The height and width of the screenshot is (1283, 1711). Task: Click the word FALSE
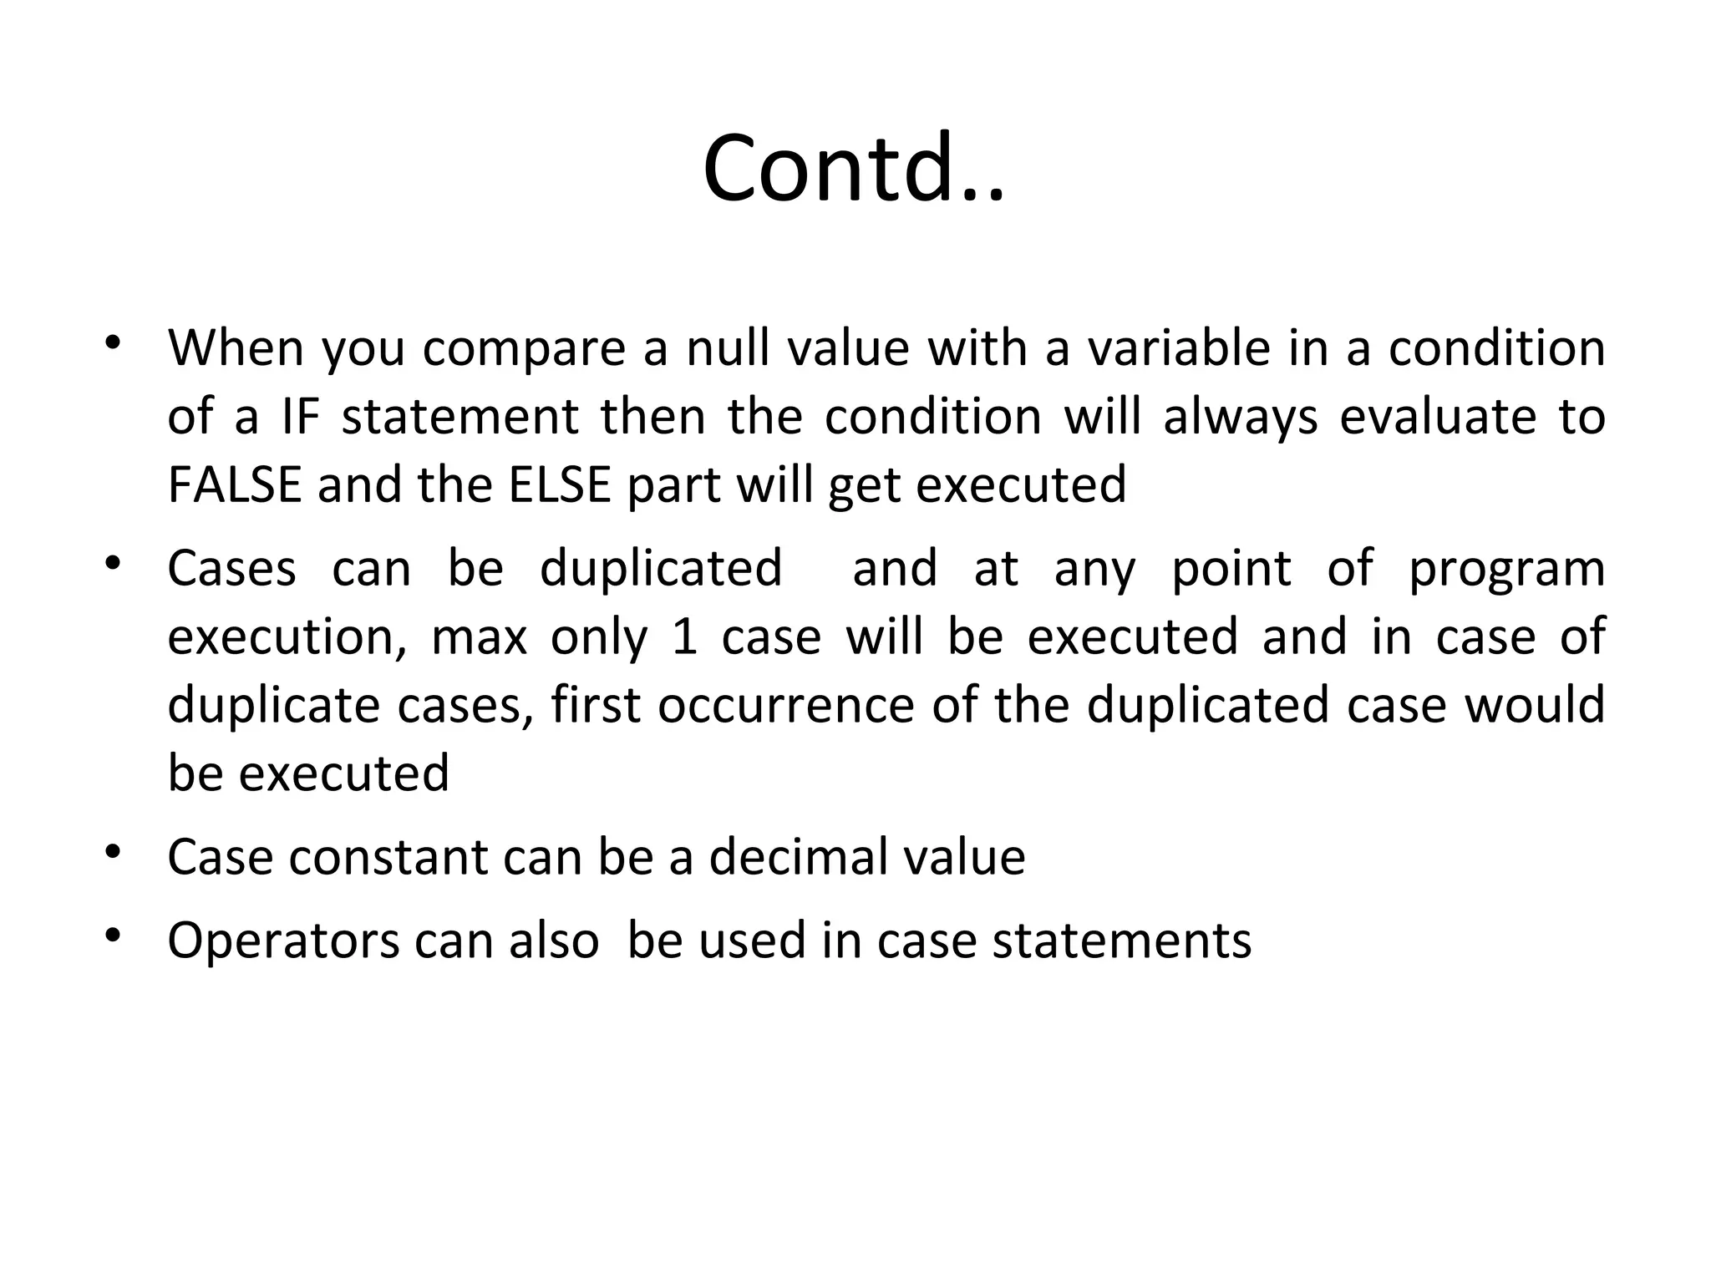pyautogui.click(x=234, y=485)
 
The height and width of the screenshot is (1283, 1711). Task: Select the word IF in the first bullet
pyautogui.click(x=302, y=417)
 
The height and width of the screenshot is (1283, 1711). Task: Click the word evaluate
pyautogui.click(x=1437, y=417)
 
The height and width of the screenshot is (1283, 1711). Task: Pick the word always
pyautogui.click(x=1240, y=417)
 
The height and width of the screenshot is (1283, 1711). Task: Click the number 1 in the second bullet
pyautogui.click(x=685, y=637)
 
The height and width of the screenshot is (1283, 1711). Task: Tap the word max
pyautogui.click(x=479, y=637)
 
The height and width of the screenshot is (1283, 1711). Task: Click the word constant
pyautogui.click(x=388, y=857)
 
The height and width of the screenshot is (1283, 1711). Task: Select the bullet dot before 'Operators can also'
pyautogui.click(x=113, y=936)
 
